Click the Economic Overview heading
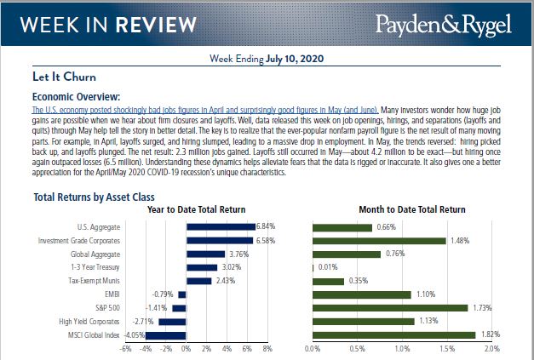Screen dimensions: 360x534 click(x=76, y=97)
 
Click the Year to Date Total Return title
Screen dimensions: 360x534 click(x=196, y=209)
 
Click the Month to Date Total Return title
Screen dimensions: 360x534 click(x=401, y=209)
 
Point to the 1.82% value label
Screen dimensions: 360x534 click(x=490, y=334)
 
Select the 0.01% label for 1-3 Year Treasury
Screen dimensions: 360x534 click(x=327, y=267)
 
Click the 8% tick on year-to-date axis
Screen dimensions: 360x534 click(x=267, y=349)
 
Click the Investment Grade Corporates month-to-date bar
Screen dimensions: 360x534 click(x=378, y=241)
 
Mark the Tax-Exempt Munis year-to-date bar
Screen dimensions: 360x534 click(x=198, y=281)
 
